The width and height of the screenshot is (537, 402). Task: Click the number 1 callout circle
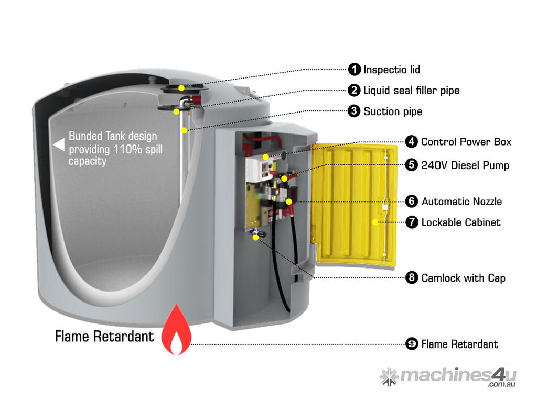click(355, 69)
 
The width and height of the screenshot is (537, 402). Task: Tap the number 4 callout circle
click(412, 142)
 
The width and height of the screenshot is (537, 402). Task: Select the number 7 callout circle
click(412, 222)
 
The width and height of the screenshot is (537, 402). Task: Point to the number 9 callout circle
click(412, 344)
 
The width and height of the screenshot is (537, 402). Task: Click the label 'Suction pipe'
click(393, 111)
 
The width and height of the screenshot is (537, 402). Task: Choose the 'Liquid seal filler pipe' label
click(411, 91)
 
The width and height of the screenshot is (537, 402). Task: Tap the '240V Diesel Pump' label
click(465, 165)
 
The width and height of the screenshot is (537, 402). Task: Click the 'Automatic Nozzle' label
click(461, 202)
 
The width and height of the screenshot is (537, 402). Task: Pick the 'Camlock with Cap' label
click(463, 278)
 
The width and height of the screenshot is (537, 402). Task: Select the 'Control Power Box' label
click(466, 142)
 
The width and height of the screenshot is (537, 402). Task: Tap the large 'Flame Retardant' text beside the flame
click(105, 336)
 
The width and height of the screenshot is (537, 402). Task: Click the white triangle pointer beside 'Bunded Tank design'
click(59, 142)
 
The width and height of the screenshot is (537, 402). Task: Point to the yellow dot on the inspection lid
click(181, 87)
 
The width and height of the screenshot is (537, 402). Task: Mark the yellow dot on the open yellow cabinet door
click(375, 222)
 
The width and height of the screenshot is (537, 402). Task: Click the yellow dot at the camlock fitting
click(255, 237)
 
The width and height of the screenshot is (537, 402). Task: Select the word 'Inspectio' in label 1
click(381, 70)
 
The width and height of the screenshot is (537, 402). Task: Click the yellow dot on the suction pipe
click(184, 129)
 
